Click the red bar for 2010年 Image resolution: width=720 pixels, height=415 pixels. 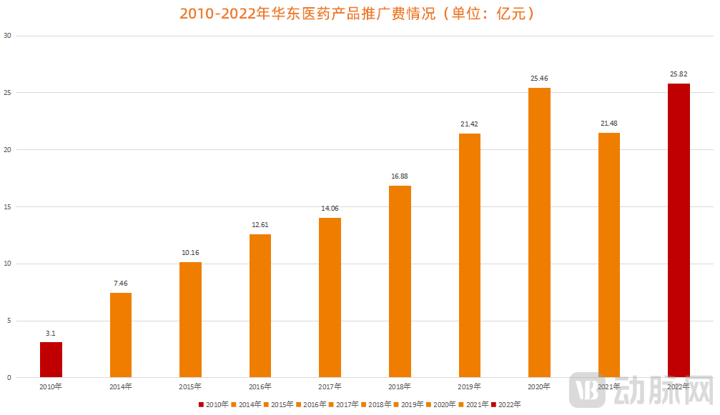coord(51,360)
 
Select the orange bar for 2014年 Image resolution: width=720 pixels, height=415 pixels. coord(121,335)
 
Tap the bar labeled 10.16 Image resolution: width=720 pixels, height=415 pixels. coord(190,320)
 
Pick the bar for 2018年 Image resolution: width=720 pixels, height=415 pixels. coord(400,281)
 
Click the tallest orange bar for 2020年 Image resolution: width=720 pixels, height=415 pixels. coord(539,233)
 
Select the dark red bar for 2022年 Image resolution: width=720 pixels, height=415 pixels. coord(679,231)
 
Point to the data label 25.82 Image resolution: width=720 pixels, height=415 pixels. coord(679,74)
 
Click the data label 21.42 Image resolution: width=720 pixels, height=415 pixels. coord(469,124)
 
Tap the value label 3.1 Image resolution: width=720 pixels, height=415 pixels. coord(51,332)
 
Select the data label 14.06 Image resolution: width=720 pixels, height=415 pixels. coord(330,208)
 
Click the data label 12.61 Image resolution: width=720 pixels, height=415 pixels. coord(260,224)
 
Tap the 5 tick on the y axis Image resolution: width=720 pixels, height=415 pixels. coord(8,321)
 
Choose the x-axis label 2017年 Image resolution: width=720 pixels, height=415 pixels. coord(330,386)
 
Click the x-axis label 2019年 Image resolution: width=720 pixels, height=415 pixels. coord(469,386)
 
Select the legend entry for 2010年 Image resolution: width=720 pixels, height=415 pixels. coord(214,404)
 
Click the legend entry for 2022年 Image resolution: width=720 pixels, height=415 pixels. coord(507,404)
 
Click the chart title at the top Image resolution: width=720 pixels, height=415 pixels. coord(360,14)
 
